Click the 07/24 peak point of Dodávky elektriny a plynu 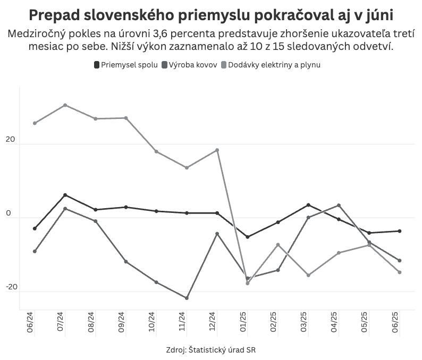(x=65, y=105)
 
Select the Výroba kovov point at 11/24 (x=187, y=298)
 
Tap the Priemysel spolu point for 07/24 (x=65, y=195)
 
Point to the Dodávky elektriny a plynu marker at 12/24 (x=217, y=150)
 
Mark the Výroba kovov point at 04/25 (x=339, y=205)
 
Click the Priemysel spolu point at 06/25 (x=400, y=231)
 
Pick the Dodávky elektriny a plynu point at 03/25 (x=308, y=275)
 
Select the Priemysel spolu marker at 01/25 (x=248, y=237)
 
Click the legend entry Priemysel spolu (x=126, y=65)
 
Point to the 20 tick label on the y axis (x=10, y=140)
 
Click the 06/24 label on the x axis (x=30, y=322)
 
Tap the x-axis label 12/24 (x=213, y=322)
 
